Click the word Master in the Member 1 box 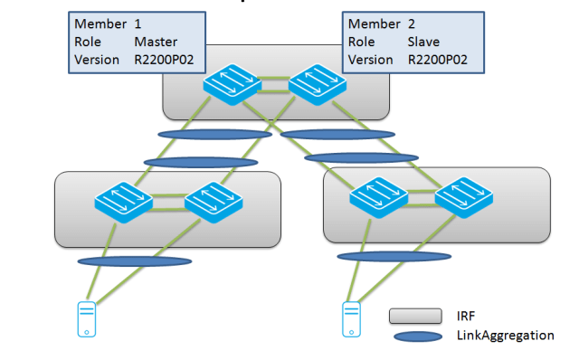[x=156, y=42]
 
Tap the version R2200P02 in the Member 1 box [x=168, y=60]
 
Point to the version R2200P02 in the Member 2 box [x=441, y=60]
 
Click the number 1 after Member [x=138, y=23]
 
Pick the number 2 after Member [x=412, y=23]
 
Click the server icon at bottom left [x=85, y=319]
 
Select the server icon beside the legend [x=350, y=318]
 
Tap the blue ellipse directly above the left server [x=134, y=263]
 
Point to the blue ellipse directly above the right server [x=394, y=256]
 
